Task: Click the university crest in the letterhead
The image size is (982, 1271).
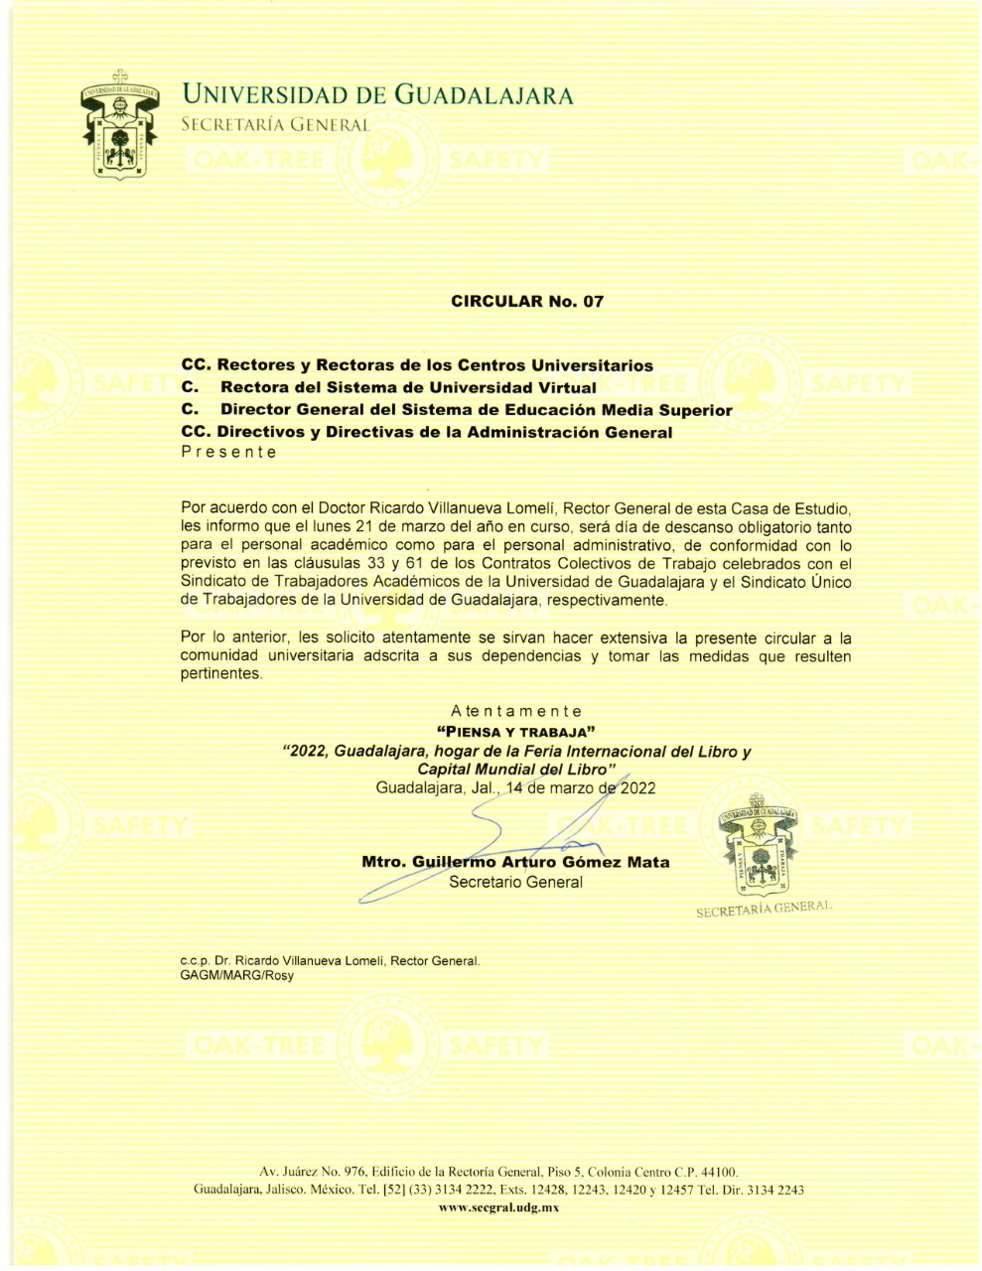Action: [x=122, y=124]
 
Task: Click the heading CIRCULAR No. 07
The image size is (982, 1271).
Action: [x=526, y=301]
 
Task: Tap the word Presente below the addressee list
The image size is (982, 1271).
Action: [x=228, y=452]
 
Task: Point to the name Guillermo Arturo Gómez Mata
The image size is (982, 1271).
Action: [x=515, y=862]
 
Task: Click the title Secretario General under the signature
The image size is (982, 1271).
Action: [x=515, y=882]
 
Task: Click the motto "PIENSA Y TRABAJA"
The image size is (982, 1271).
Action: [x=515, y=733]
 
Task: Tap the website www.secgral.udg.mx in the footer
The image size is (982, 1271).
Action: [x=499, y=1207]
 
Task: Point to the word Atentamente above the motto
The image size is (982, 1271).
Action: [x=515, y=711]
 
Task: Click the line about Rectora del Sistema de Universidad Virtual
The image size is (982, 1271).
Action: [x=407, y=387]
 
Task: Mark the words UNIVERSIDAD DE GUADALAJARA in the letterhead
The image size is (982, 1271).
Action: [x=377, y=95]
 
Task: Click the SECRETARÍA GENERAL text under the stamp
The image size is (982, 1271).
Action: [x=763, y=909]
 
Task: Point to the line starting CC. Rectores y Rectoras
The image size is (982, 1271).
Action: [x=417, y=365]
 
